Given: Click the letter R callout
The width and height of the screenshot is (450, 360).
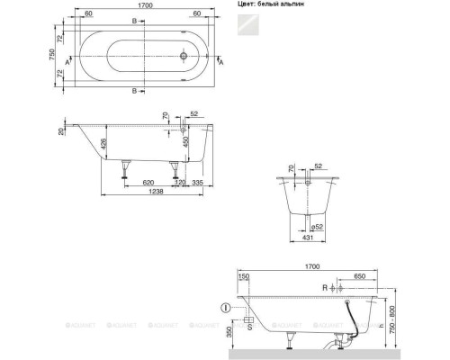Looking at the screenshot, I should pyautogui.click(x=326, y=287).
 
